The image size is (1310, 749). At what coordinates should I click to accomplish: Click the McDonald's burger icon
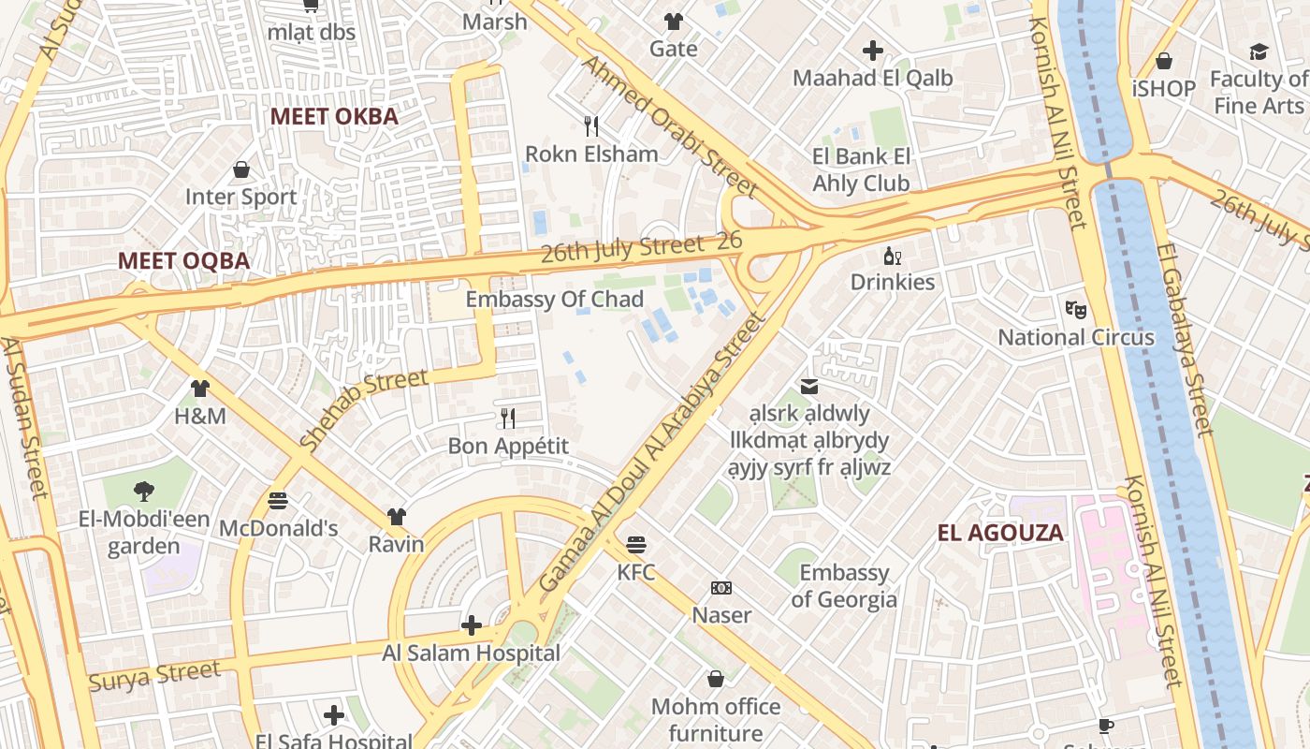point(278,501)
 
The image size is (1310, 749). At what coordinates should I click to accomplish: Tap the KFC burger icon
point(636,544)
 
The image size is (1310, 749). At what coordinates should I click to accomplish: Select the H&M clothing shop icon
point(200,389)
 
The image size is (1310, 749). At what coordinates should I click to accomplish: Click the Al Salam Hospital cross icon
point(472,625)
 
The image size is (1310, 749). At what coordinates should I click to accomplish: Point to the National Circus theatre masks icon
point(1075,309)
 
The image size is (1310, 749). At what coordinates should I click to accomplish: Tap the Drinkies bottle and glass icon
point(892,256)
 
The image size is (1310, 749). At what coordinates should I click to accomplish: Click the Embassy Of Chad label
point(554,300)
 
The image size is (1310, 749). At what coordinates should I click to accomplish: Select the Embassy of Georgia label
point(844,586)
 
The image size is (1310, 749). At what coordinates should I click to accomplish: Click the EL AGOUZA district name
point(1000,534)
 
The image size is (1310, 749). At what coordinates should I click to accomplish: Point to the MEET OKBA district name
point(334,117)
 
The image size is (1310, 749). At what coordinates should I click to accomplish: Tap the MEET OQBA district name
point(183,261)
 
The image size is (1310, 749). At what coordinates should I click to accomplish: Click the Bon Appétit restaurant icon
point(508,418)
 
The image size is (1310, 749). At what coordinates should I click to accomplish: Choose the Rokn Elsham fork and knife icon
point(591,125)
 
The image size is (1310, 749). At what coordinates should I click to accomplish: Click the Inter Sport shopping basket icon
point(241,169)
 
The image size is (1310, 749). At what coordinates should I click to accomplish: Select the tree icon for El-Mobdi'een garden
point(143,492)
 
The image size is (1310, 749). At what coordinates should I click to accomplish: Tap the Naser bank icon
point(720,588)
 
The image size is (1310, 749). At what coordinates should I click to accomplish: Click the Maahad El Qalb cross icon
point(873,51)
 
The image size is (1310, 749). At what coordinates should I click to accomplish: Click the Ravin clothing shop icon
point(397,517)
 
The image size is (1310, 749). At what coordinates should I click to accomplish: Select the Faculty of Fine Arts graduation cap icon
point(1259,51)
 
